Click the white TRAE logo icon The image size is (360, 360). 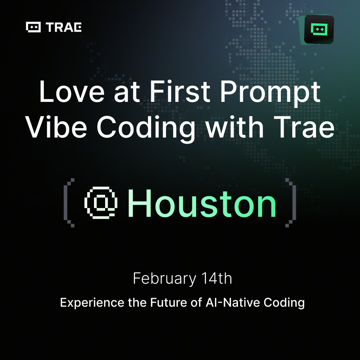33,27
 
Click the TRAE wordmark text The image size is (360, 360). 64,27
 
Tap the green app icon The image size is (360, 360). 319,29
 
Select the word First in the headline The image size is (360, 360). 180,91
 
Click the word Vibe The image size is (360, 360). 56,127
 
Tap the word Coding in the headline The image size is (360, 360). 146,128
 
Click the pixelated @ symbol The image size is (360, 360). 101,202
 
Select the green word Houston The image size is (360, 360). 202,203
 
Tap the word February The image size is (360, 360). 165,279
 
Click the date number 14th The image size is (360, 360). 216,278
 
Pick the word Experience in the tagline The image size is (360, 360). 92,303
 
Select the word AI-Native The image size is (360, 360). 233,302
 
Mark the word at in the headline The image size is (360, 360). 127,93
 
